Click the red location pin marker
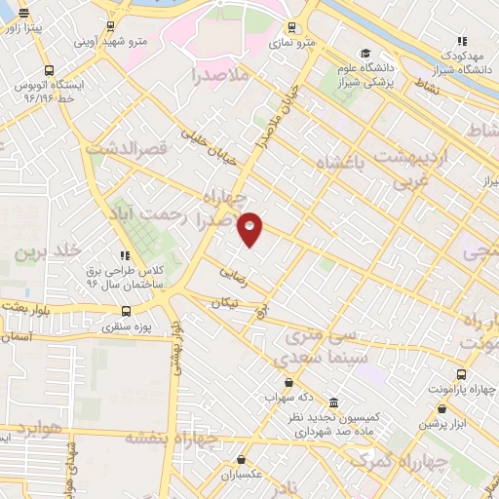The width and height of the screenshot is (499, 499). (250, 229)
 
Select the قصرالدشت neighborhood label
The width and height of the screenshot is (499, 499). (129, 148)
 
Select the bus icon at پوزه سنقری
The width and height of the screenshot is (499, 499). (126, 312)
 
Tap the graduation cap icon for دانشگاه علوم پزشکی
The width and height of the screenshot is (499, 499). (365, 54)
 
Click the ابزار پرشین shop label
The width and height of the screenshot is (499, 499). (449, 423)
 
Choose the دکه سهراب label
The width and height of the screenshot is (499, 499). (288, 398)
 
